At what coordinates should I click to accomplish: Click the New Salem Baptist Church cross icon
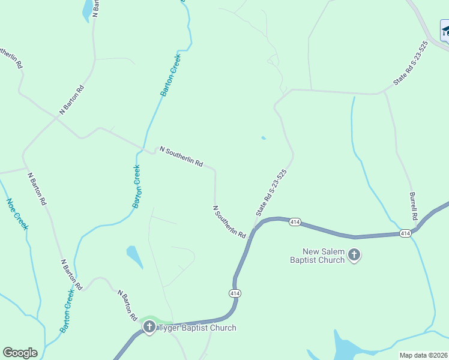tap(354, 256)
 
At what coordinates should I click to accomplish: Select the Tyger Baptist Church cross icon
tap(149, 328)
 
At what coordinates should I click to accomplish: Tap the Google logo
tap(20, 353)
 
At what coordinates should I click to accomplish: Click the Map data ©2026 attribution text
tap(424, 355)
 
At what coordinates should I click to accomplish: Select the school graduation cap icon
tap(445, 31)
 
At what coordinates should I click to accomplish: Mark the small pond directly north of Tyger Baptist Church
tap(134, 256)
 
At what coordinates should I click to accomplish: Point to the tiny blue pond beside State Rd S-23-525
tap(264, 138)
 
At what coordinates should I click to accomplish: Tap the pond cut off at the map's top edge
tap(88, 9)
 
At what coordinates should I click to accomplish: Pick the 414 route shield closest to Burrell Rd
tap(405, 233)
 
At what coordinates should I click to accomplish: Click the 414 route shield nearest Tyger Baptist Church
tap(234, 293)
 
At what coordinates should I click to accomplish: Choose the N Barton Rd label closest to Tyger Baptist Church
tap(128, 305)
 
